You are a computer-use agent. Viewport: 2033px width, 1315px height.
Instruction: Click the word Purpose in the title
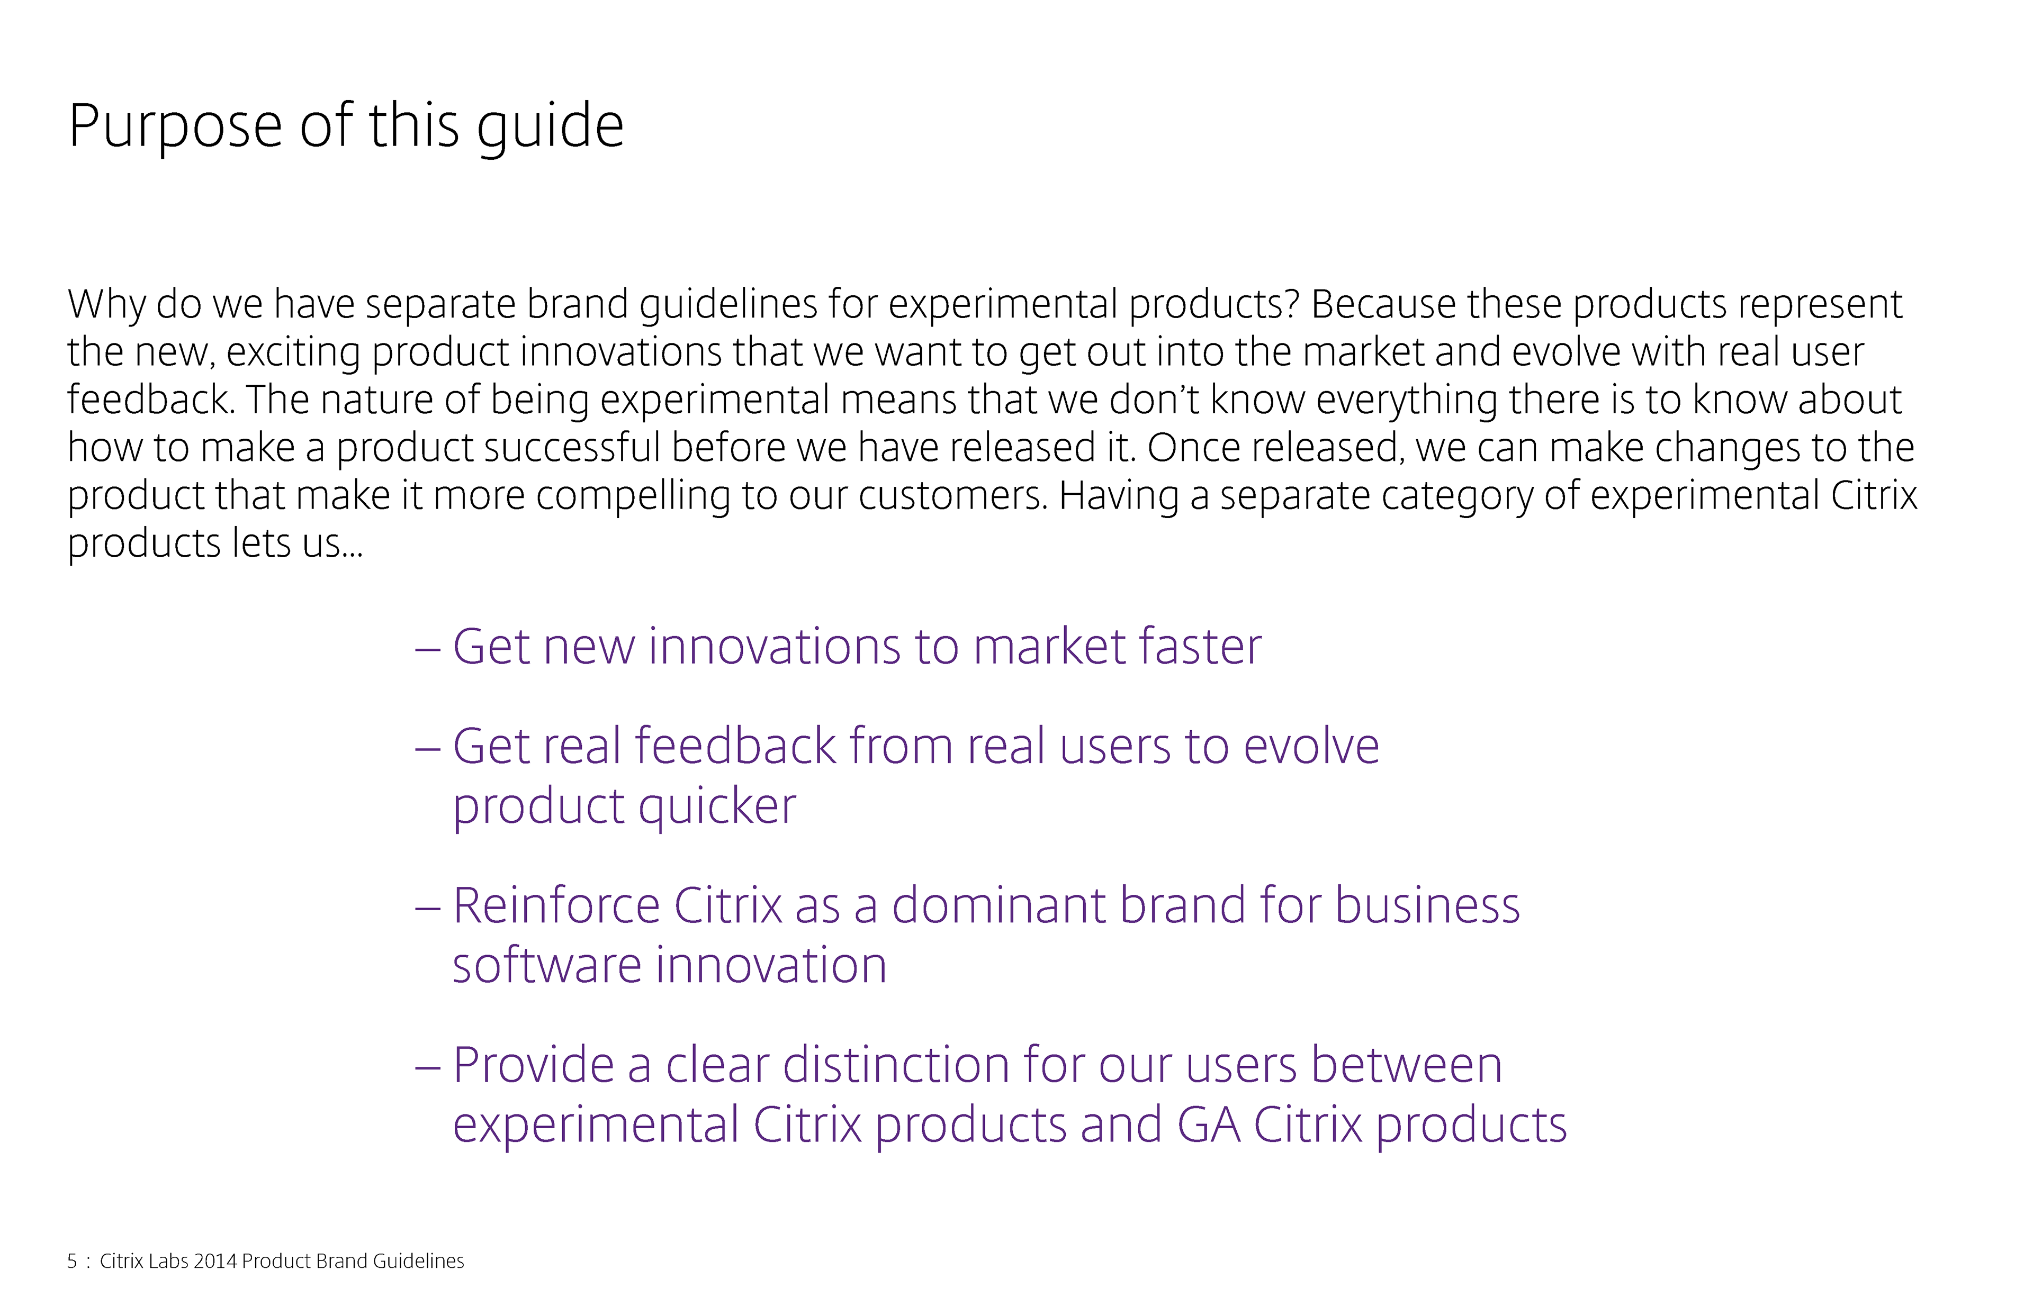pos(175,127)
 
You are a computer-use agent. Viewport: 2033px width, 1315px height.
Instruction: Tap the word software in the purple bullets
pos(547,966)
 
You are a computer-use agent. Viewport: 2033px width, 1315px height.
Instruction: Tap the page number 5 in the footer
pos(73,1261)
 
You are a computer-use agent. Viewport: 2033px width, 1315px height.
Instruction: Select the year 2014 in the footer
pos(215,1261)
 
